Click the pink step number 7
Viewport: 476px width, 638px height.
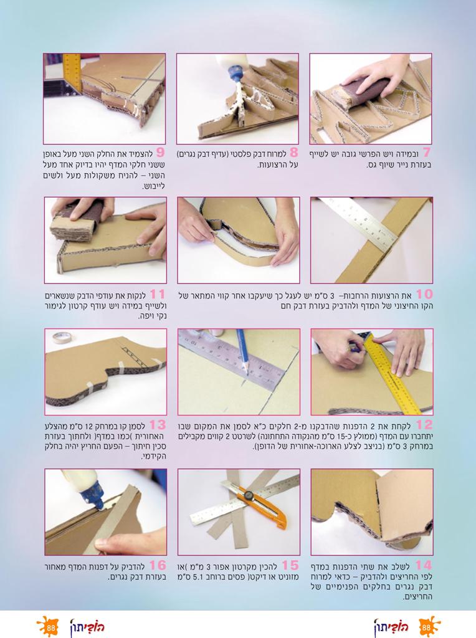tap(426, 153)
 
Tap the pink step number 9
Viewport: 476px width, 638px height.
tap(160, 153)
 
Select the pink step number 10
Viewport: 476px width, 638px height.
tap(424, 294)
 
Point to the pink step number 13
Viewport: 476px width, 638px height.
tap(158, 425)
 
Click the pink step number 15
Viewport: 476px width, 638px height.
tap(290, 565)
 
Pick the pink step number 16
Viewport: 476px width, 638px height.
tap(158, 565)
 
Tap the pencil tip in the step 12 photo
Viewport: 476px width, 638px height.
tap(247, 373)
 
